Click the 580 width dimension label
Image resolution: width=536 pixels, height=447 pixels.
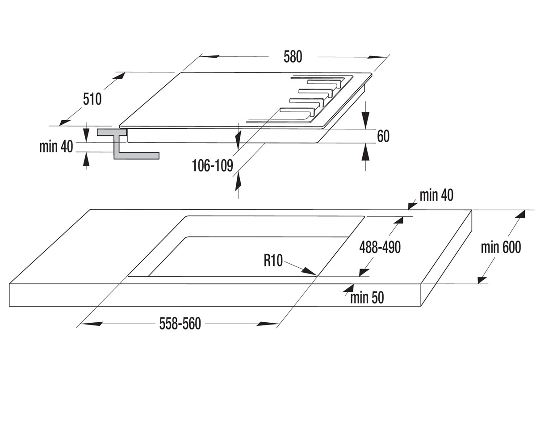(x=293, y=57)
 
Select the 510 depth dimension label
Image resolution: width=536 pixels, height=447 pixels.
(x=92, y=99)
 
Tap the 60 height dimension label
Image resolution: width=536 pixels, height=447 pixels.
(x=383, y=136)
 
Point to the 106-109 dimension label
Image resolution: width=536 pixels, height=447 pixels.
(x=213, y=165)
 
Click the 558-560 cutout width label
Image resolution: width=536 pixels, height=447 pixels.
(x=180, y=324)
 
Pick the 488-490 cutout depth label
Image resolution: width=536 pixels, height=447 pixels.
(x=380, y=247)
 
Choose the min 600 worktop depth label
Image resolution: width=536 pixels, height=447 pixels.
(x=501, y=247)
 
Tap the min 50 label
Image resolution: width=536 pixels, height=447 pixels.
(x=367, y=298)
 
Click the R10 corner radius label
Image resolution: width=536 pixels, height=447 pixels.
(x=273, y=261)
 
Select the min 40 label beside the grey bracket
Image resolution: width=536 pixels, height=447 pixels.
(x=56, y=147)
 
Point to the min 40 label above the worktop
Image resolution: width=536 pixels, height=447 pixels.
(x=436, y=195)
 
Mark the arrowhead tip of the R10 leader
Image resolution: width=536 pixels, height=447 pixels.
(x=317, y=275)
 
